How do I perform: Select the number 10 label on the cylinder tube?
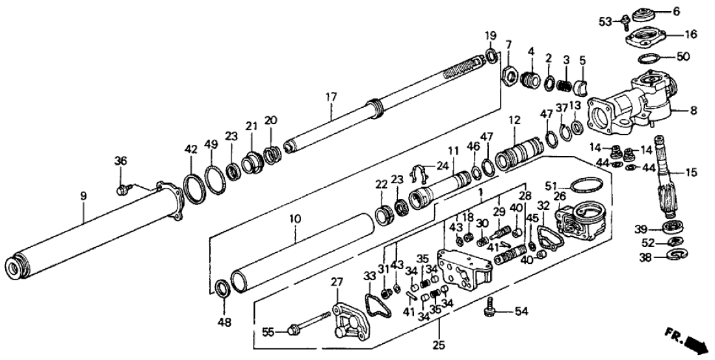coord(295,220)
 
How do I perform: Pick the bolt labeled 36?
coord(122,190)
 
